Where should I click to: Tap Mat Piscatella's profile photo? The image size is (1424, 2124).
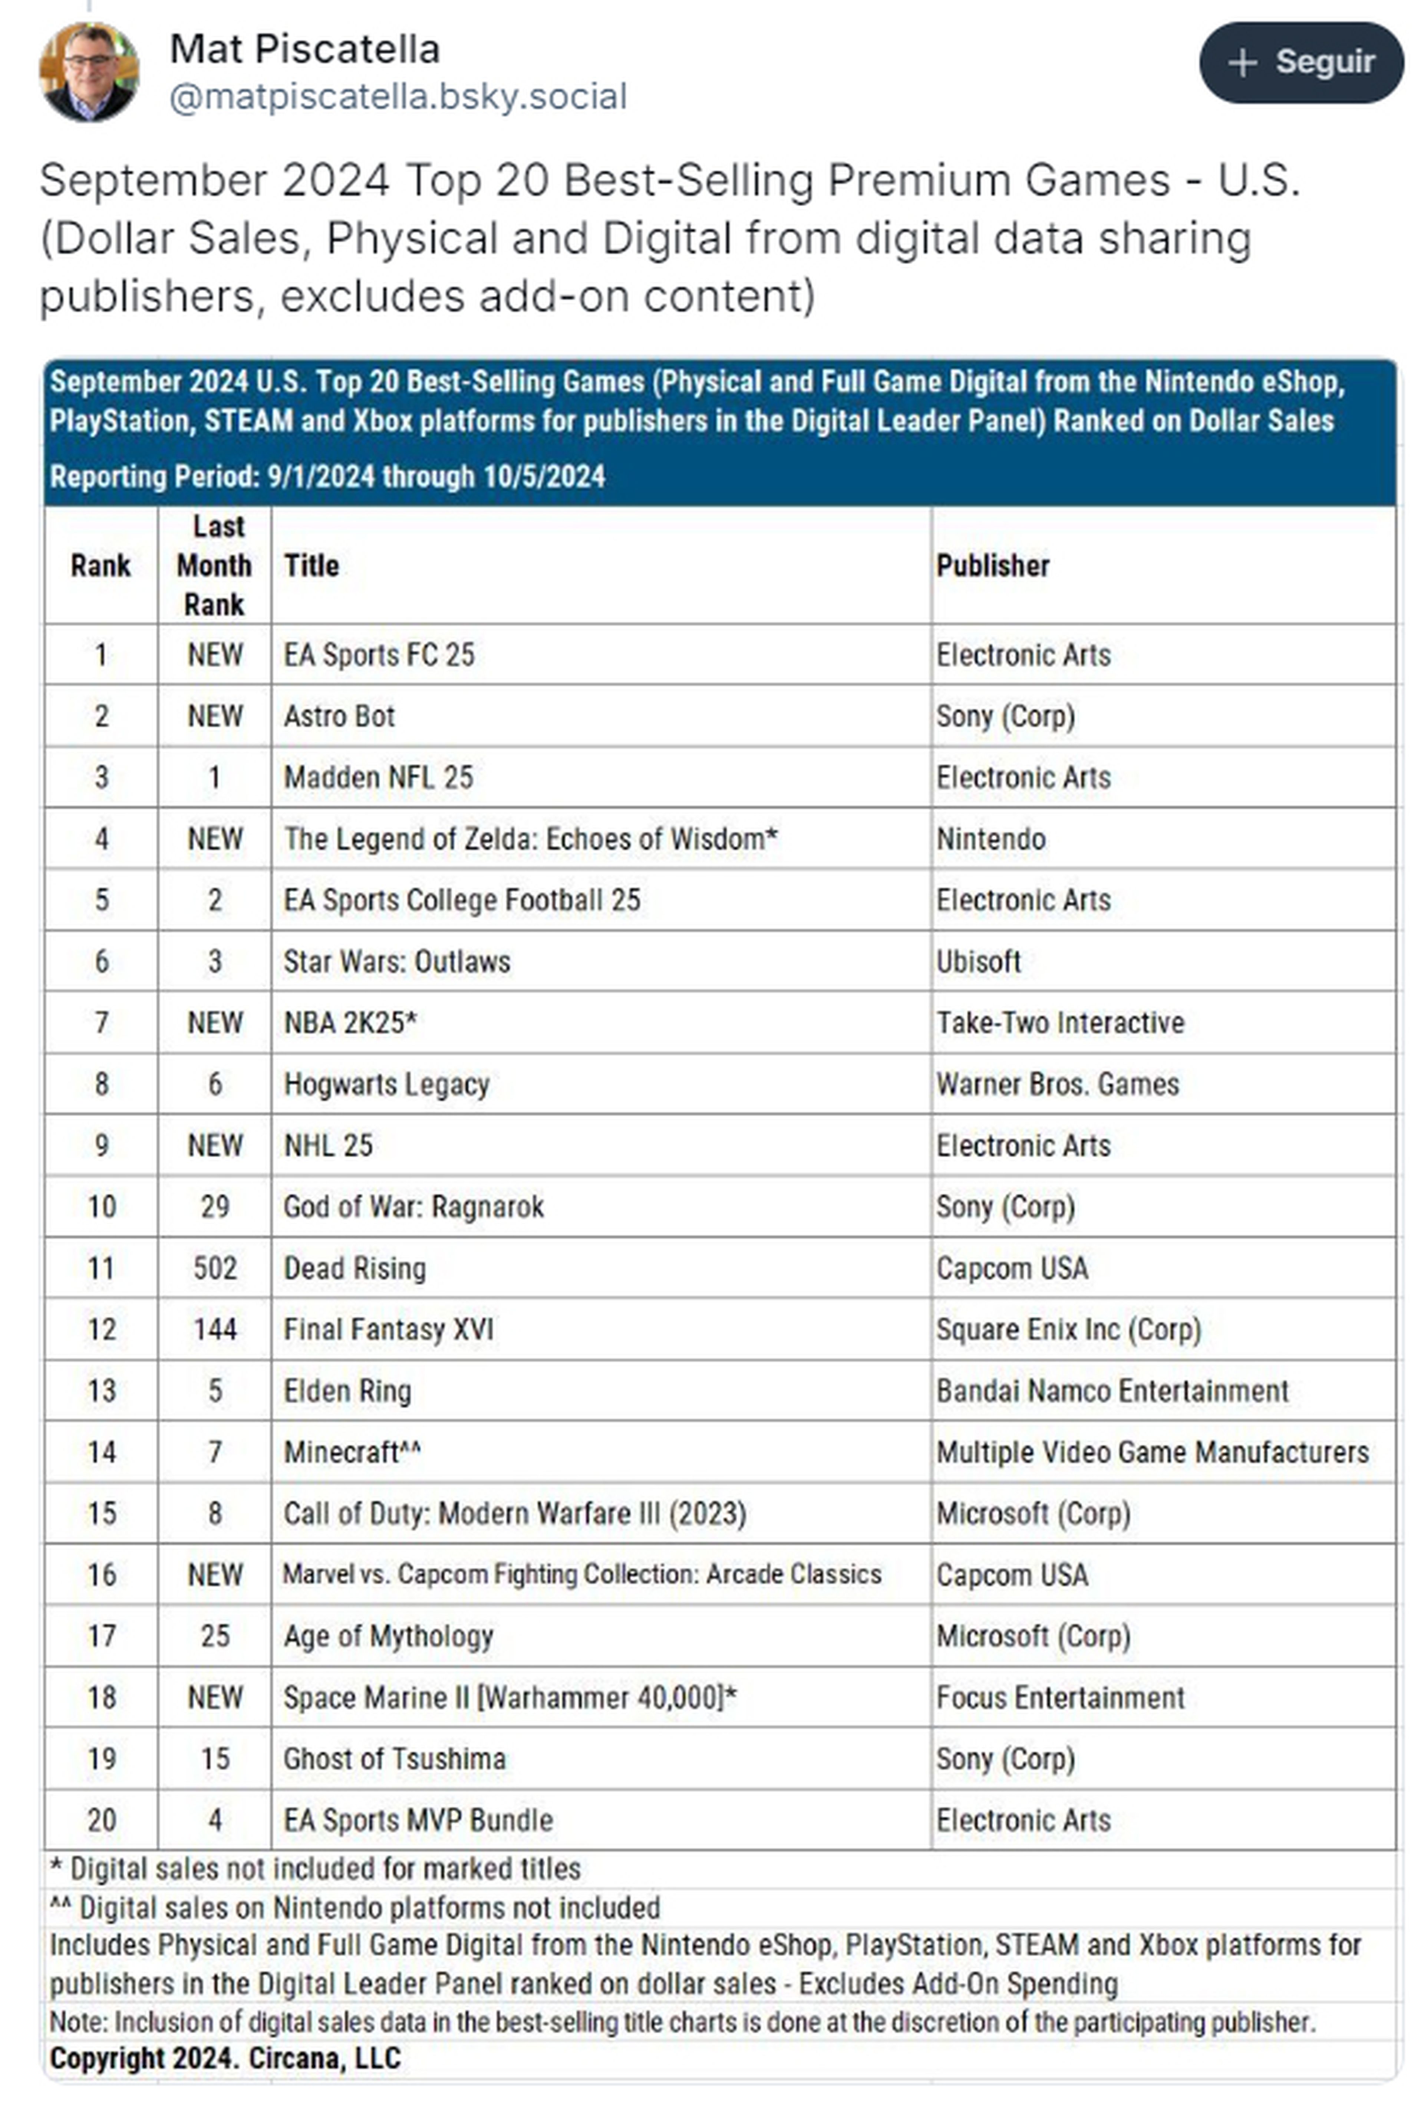click(89, 72)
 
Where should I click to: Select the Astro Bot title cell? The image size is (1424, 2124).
click(340, 717)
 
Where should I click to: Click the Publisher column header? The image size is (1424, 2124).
click(993, 566)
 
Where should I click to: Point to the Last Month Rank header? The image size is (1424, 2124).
click(214, 566)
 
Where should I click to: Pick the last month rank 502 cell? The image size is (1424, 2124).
click(214, 1269)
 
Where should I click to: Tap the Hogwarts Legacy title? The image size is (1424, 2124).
click(387, 1084)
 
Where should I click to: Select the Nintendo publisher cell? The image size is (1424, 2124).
click(991, 839)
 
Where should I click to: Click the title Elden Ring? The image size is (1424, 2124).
click(348, 1391)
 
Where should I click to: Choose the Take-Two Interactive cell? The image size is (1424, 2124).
click(1060, 1023)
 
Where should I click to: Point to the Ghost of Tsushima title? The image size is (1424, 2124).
click(394, 1759)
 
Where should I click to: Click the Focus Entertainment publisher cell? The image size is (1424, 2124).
click(1060, 1698)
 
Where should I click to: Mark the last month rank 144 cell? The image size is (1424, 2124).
click(214, 1330)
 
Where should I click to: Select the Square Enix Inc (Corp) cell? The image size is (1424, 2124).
click(1068, 1330)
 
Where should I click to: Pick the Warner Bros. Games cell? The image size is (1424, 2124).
click(1057, 1084)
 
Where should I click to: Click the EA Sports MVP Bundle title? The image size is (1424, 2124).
click(418, 1821)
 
